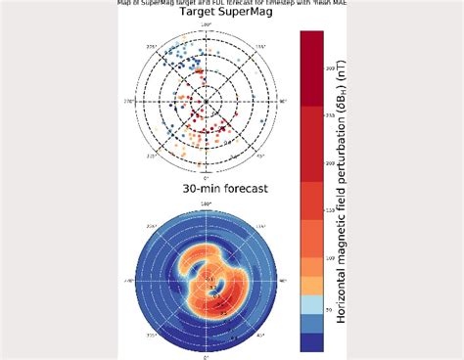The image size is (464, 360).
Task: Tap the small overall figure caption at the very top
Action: pos(232,4)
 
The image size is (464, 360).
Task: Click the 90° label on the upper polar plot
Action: pos(283,100)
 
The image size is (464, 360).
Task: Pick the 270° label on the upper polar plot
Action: pos(127,100)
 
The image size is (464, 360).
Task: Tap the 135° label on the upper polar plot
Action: pos(259,45)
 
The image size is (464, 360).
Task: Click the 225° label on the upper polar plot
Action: pos(151,45)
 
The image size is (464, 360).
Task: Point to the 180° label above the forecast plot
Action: pos(206,202)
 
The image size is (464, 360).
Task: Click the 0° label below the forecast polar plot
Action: pos(207,356)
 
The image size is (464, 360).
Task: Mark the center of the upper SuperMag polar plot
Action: pos(206,100)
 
